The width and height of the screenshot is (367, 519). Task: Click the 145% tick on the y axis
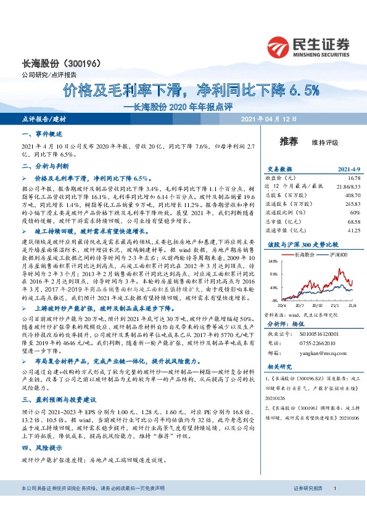coord(272,261)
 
